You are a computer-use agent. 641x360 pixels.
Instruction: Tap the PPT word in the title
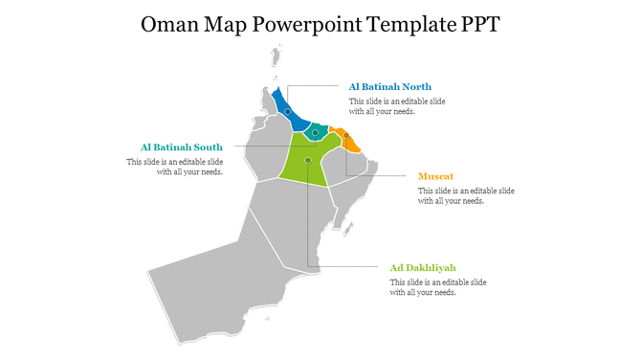point(475,24)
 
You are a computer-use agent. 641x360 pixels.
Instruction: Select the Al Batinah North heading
point(389,87)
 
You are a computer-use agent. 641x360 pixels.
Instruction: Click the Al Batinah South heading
point(182,147)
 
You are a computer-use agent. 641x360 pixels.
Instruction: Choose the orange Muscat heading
point(436,177)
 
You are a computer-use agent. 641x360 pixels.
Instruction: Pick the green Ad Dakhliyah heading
point(423,268)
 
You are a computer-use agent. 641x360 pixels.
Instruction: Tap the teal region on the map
point(316,134)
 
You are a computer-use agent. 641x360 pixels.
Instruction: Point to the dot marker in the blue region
point(287,112)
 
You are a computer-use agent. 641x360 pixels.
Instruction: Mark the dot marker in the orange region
point(346,135)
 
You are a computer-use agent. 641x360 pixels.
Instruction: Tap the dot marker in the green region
point(308,160)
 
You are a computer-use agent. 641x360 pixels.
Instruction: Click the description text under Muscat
point(466,196)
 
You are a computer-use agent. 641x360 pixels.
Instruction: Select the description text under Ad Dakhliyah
point(438,287)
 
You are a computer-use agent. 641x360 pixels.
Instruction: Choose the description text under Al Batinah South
point(175,168)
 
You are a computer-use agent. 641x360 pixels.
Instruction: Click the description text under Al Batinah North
point(396,106)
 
